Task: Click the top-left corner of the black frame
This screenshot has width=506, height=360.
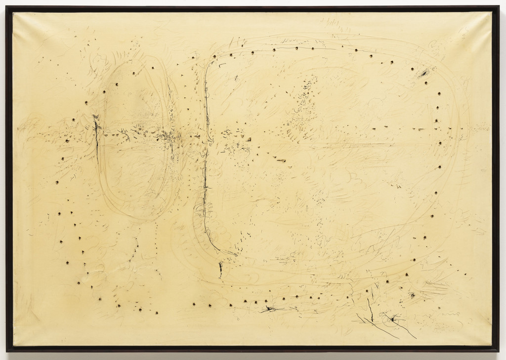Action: click(x=7, y=7)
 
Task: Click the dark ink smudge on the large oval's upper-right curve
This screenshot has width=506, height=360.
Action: click(x=423, y=74)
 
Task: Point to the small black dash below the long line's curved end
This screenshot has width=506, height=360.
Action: click(x=220, y=269)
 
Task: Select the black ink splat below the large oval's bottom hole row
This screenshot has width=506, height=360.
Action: click(x=269, y=309)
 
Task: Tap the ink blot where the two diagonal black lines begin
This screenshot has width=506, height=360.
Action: click(x=392, y=319)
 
